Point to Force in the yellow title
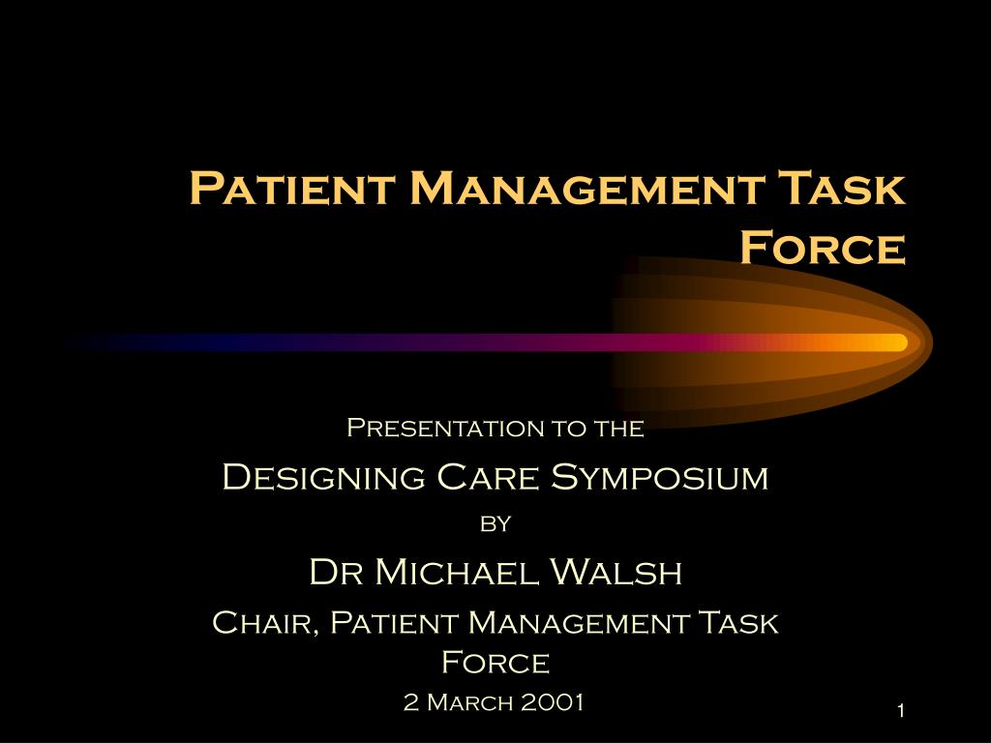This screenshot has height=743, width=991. click(823, 247)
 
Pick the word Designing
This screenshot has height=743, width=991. click(323, 477)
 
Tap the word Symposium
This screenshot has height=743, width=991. click(660, 477)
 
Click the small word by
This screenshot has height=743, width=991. click(495, 523)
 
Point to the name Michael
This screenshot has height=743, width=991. click(457, 572)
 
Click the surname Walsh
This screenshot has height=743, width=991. click(616, 572)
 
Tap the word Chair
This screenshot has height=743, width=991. click(263, 623)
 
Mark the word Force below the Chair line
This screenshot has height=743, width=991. click(495, 663)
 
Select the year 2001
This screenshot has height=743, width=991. click(553, 702)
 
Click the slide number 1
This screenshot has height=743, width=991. click(901, 711)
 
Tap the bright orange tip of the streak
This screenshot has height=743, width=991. click(901, 342)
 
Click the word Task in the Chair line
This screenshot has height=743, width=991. click(738, 623)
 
